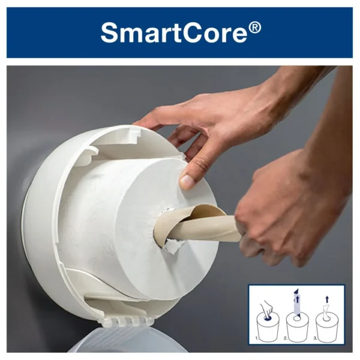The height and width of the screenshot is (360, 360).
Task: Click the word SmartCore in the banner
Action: click(174, 32)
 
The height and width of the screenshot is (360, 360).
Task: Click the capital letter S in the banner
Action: click(109, 32)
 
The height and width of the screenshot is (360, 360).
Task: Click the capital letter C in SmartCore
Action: click(191, 32)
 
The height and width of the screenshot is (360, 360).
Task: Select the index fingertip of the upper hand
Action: click(139, 123)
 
